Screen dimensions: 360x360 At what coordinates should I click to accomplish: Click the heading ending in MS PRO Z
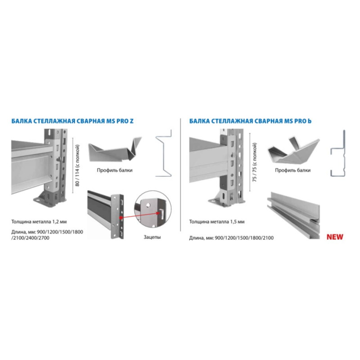click(x=72, y=121)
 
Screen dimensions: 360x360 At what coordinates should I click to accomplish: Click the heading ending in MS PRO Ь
click(x=250, y=121)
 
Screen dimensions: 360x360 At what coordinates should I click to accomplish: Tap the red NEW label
click(x=335, y=237)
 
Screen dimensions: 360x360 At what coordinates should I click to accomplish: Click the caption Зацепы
click(x=152, y=237)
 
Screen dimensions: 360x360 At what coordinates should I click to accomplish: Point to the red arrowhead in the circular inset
click(x=158, y=213)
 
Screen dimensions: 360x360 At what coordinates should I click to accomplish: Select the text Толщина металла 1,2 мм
click(x=39, y=222)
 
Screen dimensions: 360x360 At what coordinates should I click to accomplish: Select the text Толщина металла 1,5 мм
click(x=217, y=222)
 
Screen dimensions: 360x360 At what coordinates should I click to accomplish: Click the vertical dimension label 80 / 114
click(x=77, y=165)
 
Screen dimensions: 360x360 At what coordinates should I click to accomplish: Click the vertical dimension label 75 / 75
click(x=255, y=162)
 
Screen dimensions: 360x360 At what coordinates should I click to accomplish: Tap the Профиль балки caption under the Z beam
click(x=115, y=171)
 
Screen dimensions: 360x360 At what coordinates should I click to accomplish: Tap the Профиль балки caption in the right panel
click(x=293, y=171)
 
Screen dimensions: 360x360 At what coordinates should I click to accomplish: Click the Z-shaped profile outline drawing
click(x=164, y=153)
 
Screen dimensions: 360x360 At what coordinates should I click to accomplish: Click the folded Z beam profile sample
click(x=115, y=149)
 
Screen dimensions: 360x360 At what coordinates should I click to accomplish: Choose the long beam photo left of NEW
click(x=293, y=216)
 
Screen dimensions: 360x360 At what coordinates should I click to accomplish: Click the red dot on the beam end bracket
click(x=121, y=217)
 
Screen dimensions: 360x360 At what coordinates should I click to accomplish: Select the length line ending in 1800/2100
click(x=231, y=238)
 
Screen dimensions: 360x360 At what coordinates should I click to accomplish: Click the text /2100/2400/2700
click(x=30, y=238)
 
